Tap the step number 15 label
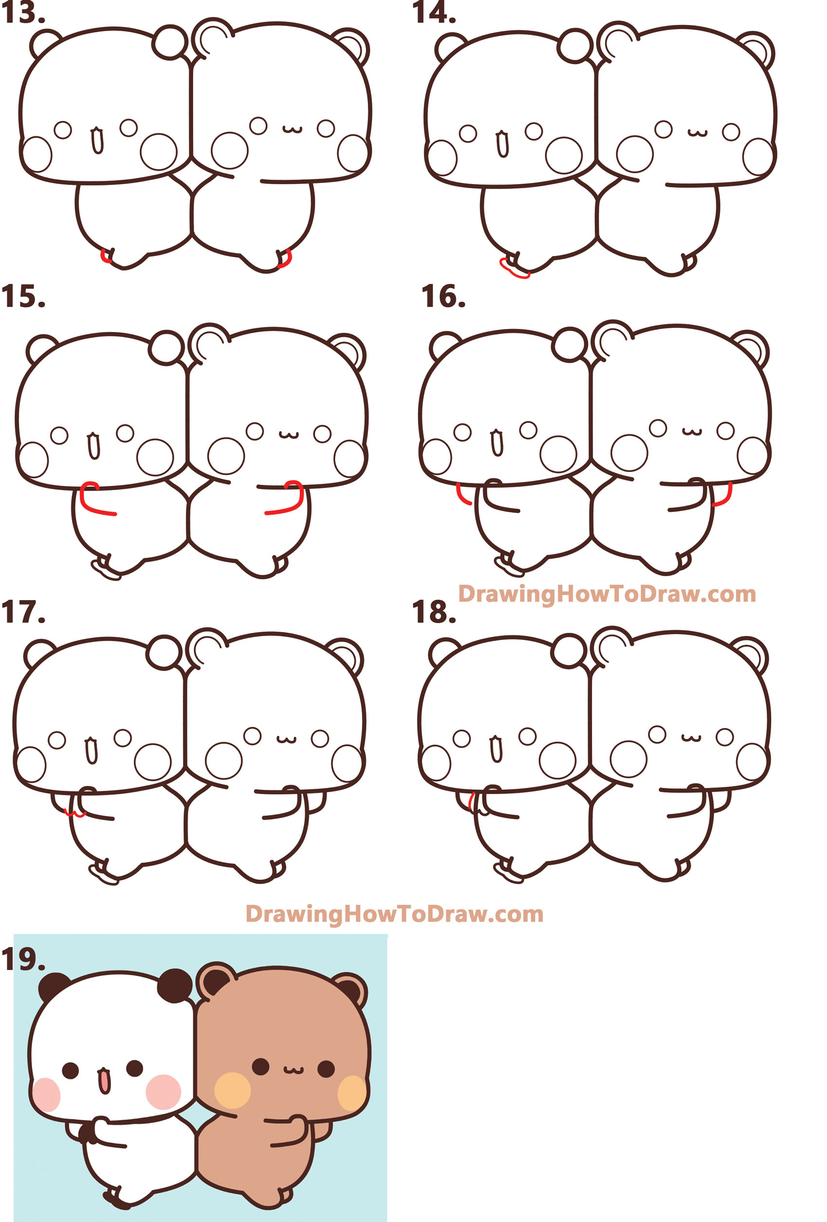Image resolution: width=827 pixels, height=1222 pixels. (x=23, y=296)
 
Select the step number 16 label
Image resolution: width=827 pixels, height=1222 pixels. (x=443, y=296)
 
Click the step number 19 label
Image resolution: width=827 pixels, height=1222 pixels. (x=23, y=960)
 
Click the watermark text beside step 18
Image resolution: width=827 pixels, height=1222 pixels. (x=607, y=594)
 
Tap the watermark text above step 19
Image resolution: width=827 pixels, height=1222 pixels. (x=395, y=914)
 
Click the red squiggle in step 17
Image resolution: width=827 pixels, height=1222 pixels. (x=74, y=814)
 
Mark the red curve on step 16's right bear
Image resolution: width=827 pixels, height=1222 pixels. (x=724, y=495)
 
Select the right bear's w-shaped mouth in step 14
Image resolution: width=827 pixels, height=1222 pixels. (x=698, y=132)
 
